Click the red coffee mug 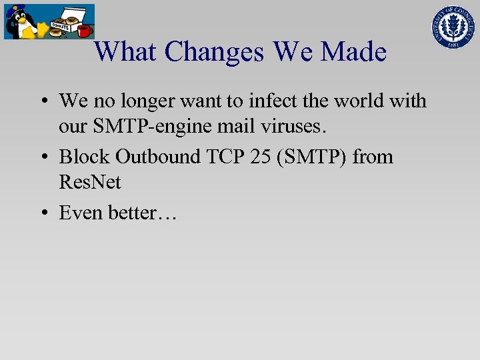tap(85, 31)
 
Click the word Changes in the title tap(214, 52)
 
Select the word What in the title tap(127, 52)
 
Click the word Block tap(84, 157)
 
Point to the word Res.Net tap(90, 182)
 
